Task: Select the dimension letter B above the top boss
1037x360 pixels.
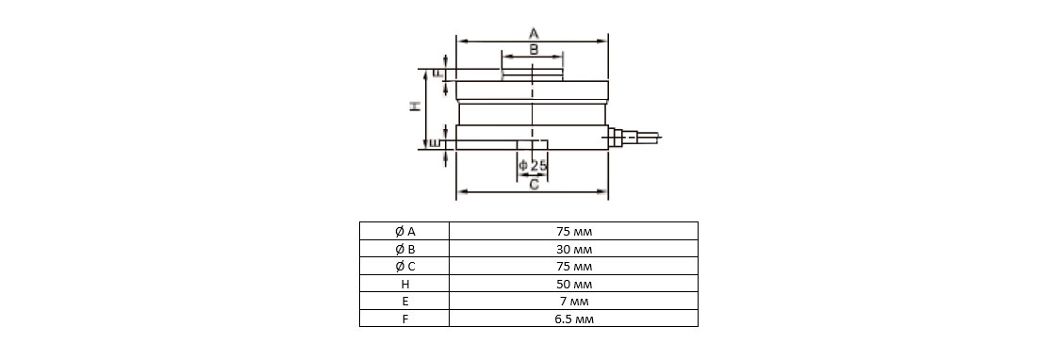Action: tap(534, 49)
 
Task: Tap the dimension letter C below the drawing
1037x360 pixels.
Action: tap(535, 185)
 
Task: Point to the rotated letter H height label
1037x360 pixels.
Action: tap(415, 106)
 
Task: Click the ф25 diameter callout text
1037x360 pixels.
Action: tap(533, 165)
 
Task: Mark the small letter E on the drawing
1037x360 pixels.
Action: tap(435, 143)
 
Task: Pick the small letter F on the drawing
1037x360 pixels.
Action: tap(437, 74)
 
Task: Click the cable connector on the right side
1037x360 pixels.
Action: tap(633, 138)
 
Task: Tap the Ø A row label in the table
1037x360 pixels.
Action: tap(404, 231)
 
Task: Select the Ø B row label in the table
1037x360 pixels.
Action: tap(404, 249)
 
